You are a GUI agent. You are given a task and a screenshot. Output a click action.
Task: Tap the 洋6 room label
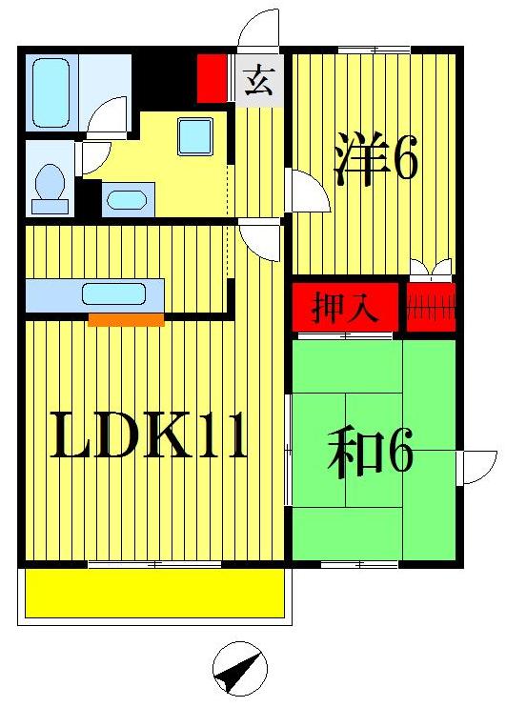(x=375, y=160)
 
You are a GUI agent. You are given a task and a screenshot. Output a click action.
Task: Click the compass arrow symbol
(x=240, y=671)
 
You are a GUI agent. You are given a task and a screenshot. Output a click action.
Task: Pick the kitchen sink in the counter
(x=113, y=293)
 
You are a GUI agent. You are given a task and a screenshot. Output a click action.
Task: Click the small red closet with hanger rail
(x=432, y=308)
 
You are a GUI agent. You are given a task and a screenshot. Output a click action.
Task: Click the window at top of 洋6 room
(x=374, y=50)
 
